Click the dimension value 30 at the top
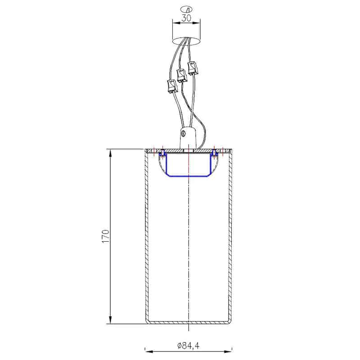186,18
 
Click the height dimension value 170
105,236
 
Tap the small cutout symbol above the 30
186,9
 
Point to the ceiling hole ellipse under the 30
186,41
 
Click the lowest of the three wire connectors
172,86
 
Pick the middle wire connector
182,75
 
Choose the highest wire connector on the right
193,68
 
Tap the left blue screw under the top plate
162,153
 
